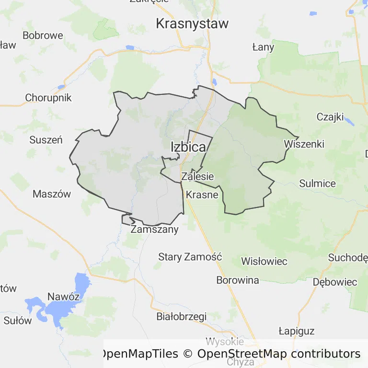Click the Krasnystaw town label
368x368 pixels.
[x=193, y=23]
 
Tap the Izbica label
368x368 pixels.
[x=188, y=147]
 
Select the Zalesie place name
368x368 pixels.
[x=197, y=176]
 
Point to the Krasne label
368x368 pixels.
[x=202, y=195]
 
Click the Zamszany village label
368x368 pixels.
[x=154, y=229]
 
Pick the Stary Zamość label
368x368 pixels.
[x=190, y=257]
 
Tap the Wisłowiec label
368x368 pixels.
[x=264, y=261]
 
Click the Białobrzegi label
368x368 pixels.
[x=182, y=316]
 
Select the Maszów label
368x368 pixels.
[x=52, y=194]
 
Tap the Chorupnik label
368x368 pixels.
[x=48, y=98]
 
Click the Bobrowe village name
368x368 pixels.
[x=43, y=35]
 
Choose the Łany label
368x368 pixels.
[x=263, y=47]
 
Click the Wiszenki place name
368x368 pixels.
[x=304, y=144]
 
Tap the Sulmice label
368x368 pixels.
[x=318, y=183]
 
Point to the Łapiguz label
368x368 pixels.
[x=297, y=331]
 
